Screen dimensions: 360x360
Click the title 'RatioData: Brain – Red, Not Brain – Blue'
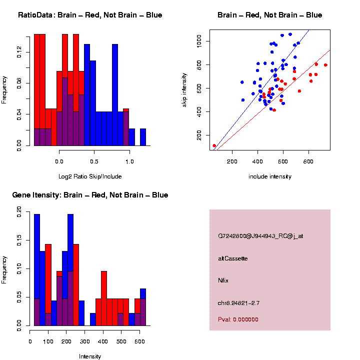(x=90, y=15)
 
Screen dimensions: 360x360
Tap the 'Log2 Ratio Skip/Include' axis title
(x=89, y=176)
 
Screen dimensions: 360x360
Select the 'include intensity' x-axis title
(x=269, y=176)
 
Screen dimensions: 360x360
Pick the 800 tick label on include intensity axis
(x=308, y=161)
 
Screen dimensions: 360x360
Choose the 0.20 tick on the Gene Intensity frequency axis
(x=19, y=212)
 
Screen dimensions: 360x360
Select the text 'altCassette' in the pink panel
(x=232, y=258)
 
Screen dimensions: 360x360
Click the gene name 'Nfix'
(x=223, y=280)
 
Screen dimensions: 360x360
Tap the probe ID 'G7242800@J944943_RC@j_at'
(x=260, y=236)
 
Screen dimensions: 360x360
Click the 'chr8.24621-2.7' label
(x=238, y=303)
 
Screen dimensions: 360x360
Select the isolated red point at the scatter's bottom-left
(x=214, y=145)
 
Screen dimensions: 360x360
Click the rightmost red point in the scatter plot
(x=325, y=65)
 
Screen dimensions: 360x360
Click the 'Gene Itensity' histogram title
(x=90, y=195)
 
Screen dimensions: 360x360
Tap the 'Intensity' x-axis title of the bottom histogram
(x=89, y=356)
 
